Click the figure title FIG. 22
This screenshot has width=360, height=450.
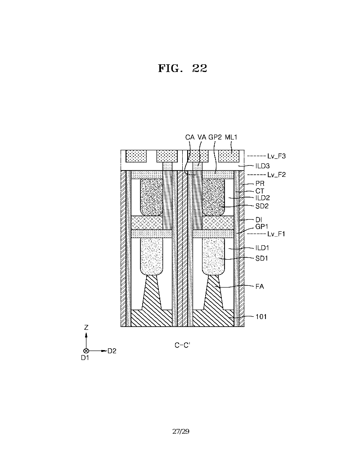[182, 68]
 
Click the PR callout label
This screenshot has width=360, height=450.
[259, 184]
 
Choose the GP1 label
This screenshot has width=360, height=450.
[261, 227]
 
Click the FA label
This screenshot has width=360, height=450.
[259, 286]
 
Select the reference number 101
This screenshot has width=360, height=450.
[261, 317]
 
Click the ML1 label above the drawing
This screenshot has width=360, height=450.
[231, 137]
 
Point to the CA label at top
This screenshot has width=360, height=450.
[190, 137]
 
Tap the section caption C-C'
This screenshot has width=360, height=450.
[182, 345]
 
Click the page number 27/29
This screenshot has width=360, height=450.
[181, 432]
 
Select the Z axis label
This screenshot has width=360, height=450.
[86, 328]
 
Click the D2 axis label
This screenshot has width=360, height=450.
[112, 351]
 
